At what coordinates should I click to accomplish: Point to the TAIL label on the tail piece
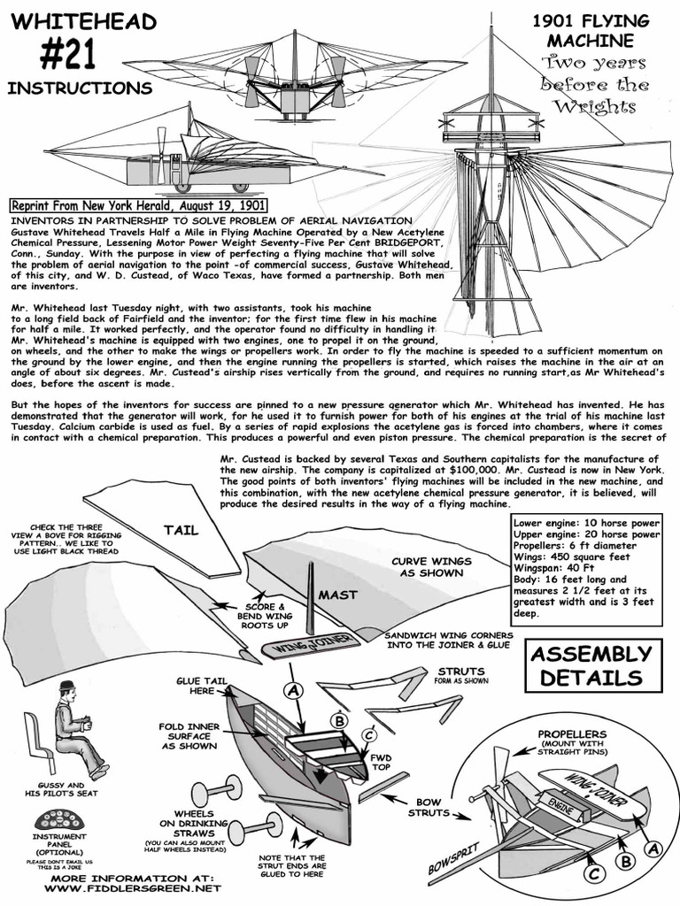pos(180,531)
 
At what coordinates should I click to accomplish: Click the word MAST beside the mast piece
pos(336,595)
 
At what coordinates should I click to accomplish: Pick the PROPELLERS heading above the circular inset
pos(572,734)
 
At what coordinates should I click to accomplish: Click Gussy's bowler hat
pos(66,686)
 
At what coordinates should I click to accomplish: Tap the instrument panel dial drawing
pos(58,818)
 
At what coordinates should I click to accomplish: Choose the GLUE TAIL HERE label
pos(195,686)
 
